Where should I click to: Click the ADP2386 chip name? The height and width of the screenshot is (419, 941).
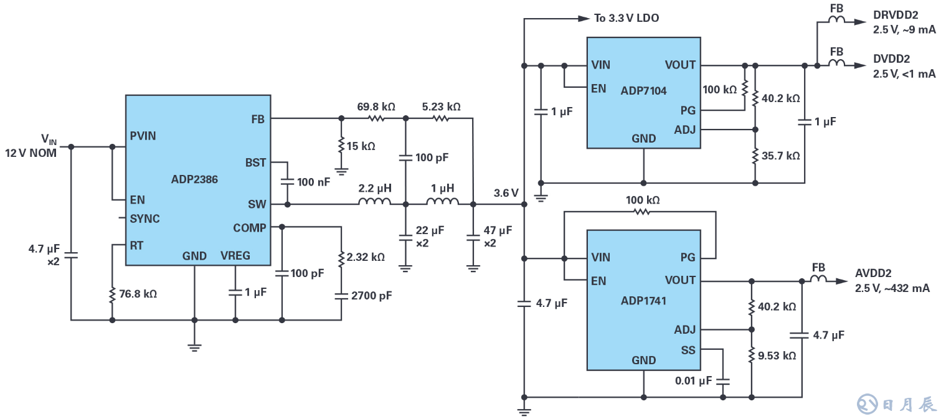point(194,179)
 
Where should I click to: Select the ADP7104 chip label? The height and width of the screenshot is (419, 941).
point(643,91)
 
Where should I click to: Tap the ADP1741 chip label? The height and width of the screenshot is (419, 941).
point(643,301)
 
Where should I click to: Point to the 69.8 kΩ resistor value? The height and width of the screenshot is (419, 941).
point(376,106)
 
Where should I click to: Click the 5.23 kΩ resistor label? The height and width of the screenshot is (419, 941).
point(441,106)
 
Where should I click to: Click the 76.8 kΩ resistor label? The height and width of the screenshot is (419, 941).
point(138,293)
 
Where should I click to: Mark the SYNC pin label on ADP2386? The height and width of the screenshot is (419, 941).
point(144,219)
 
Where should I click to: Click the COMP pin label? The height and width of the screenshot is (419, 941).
point(249,228)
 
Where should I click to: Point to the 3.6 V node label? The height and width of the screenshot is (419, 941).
point(506,193)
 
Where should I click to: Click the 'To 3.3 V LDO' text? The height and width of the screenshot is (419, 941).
point(626,18)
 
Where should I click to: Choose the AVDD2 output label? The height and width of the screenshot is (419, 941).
point(873,273)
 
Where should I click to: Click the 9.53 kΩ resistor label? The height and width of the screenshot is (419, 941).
point(777,356)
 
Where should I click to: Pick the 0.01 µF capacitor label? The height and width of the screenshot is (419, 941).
point(693,380)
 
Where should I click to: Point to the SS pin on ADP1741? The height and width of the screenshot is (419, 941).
point(688,351)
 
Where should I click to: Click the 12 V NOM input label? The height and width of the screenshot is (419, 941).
point(31,153)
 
